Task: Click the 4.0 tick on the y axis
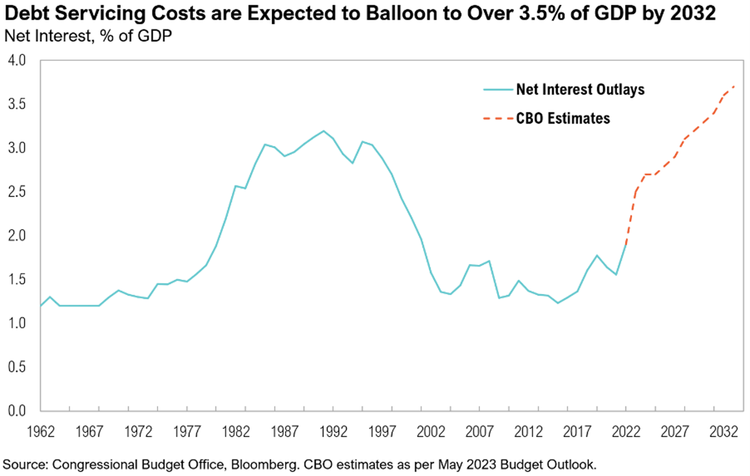(x=17, y=61)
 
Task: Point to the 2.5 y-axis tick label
(x=17, y=192)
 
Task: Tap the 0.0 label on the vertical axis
(x=17, y=411)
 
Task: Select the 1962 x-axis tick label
(x=40, y=432)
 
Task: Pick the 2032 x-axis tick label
(x=723, y=432)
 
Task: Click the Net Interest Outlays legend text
(x=580, y=89)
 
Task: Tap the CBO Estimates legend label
(x=562, y=119)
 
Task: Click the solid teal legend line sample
(x=496, y=89)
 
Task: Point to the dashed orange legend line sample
(x=496, y=119)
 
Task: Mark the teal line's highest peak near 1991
(x=323, y=131)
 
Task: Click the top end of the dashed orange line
(x=734, y=87)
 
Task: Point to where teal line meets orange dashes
(x=626, y=245)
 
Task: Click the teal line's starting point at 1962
(x=41, y=306)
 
